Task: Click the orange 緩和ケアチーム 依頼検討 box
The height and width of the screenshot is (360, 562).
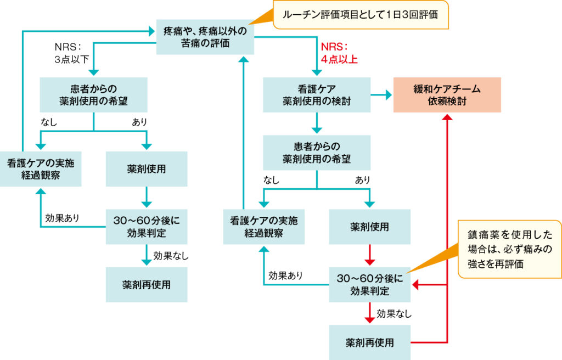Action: pos(447,95)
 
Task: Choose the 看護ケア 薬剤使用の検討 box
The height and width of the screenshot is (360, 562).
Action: pos(316,95)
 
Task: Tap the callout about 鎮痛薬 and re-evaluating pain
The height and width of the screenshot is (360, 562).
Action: pos(509,249)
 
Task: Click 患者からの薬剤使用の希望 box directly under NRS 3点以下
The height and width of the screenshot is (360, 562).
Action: pos(93,95)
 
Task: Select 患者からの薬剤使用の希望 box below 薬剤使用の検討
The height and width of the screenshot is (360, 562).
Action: pos(316,153)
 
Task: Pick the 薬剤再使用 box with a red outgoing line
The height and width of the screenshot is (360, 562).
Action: pos(369,343)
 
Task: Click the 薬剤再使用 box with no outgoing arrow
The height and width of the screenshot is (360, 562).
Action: pos(146,285)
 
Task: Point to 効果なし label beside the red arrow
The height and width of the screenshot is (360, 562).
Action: pos(394,314)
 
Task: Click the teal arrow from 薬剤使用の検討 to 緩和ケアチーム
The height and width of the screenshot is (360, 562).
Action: pos(381,95)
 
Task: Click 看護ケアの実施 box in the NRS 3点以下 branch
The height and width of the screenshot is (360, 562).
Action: pos(41,169)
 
